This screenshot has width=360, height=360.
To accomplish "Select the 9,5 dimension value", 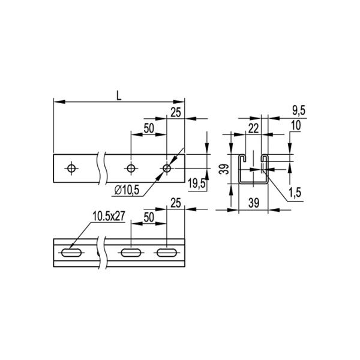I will (298, 110).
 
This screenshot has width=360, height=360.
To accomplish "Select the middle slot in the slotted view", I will (131, 253).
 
